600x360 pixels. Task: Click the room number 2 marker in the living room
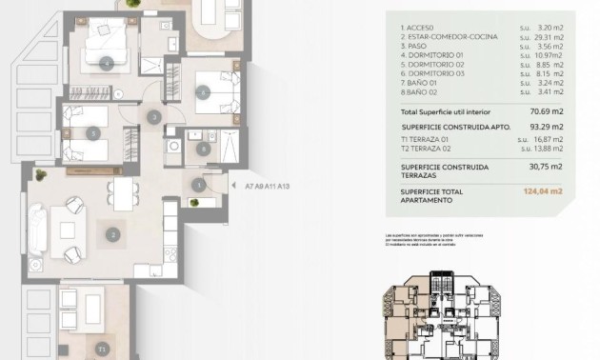(112, 233)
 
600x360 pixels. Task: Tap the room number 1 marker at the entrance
(198, 185)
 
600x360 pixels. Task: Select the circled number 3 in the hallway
(154, 117)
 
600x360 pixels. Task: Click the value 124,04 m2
(543, 191)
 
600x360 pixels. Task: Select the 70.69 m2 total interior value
(543, 110)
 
